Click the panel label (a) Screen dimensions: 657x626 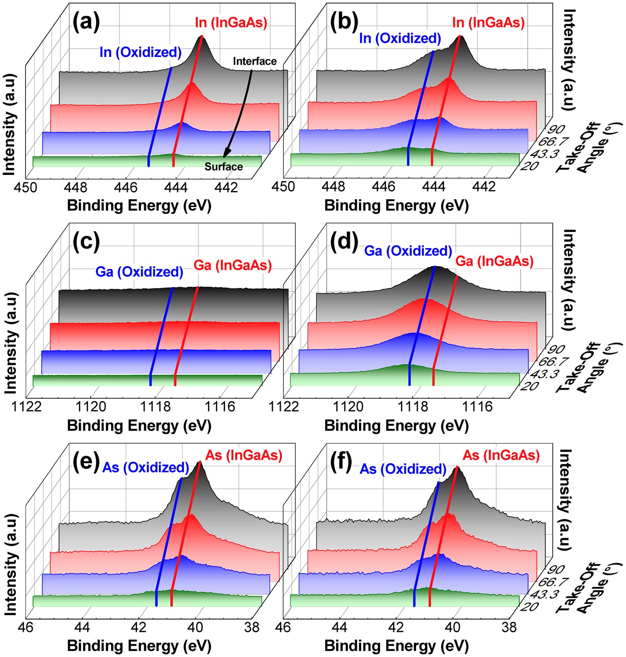point(86,22)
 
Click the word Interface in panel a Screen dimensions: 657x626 point(255,61)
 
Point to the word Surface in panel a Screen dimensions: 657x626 point(223,167)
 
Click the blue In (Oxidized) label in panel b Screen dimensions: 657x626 point(400,38)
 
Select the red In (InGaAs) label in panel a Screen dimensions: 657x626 point(231,23)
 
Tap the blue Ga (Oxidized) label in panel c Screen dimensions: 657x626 point(139,272)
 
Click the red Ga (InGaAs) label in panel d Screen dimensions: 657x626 point(494,261)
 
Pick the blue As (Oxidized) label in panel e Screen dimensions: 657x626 point(145,467)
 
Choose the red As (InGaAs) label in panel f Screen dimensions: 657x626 point(501,455)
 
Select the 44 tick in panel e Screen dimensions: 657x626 point(82,627)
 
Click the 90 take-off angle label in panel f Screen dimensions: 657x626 point(555,569)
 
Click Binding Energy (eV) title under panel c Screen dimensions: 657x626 point(139,426)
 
